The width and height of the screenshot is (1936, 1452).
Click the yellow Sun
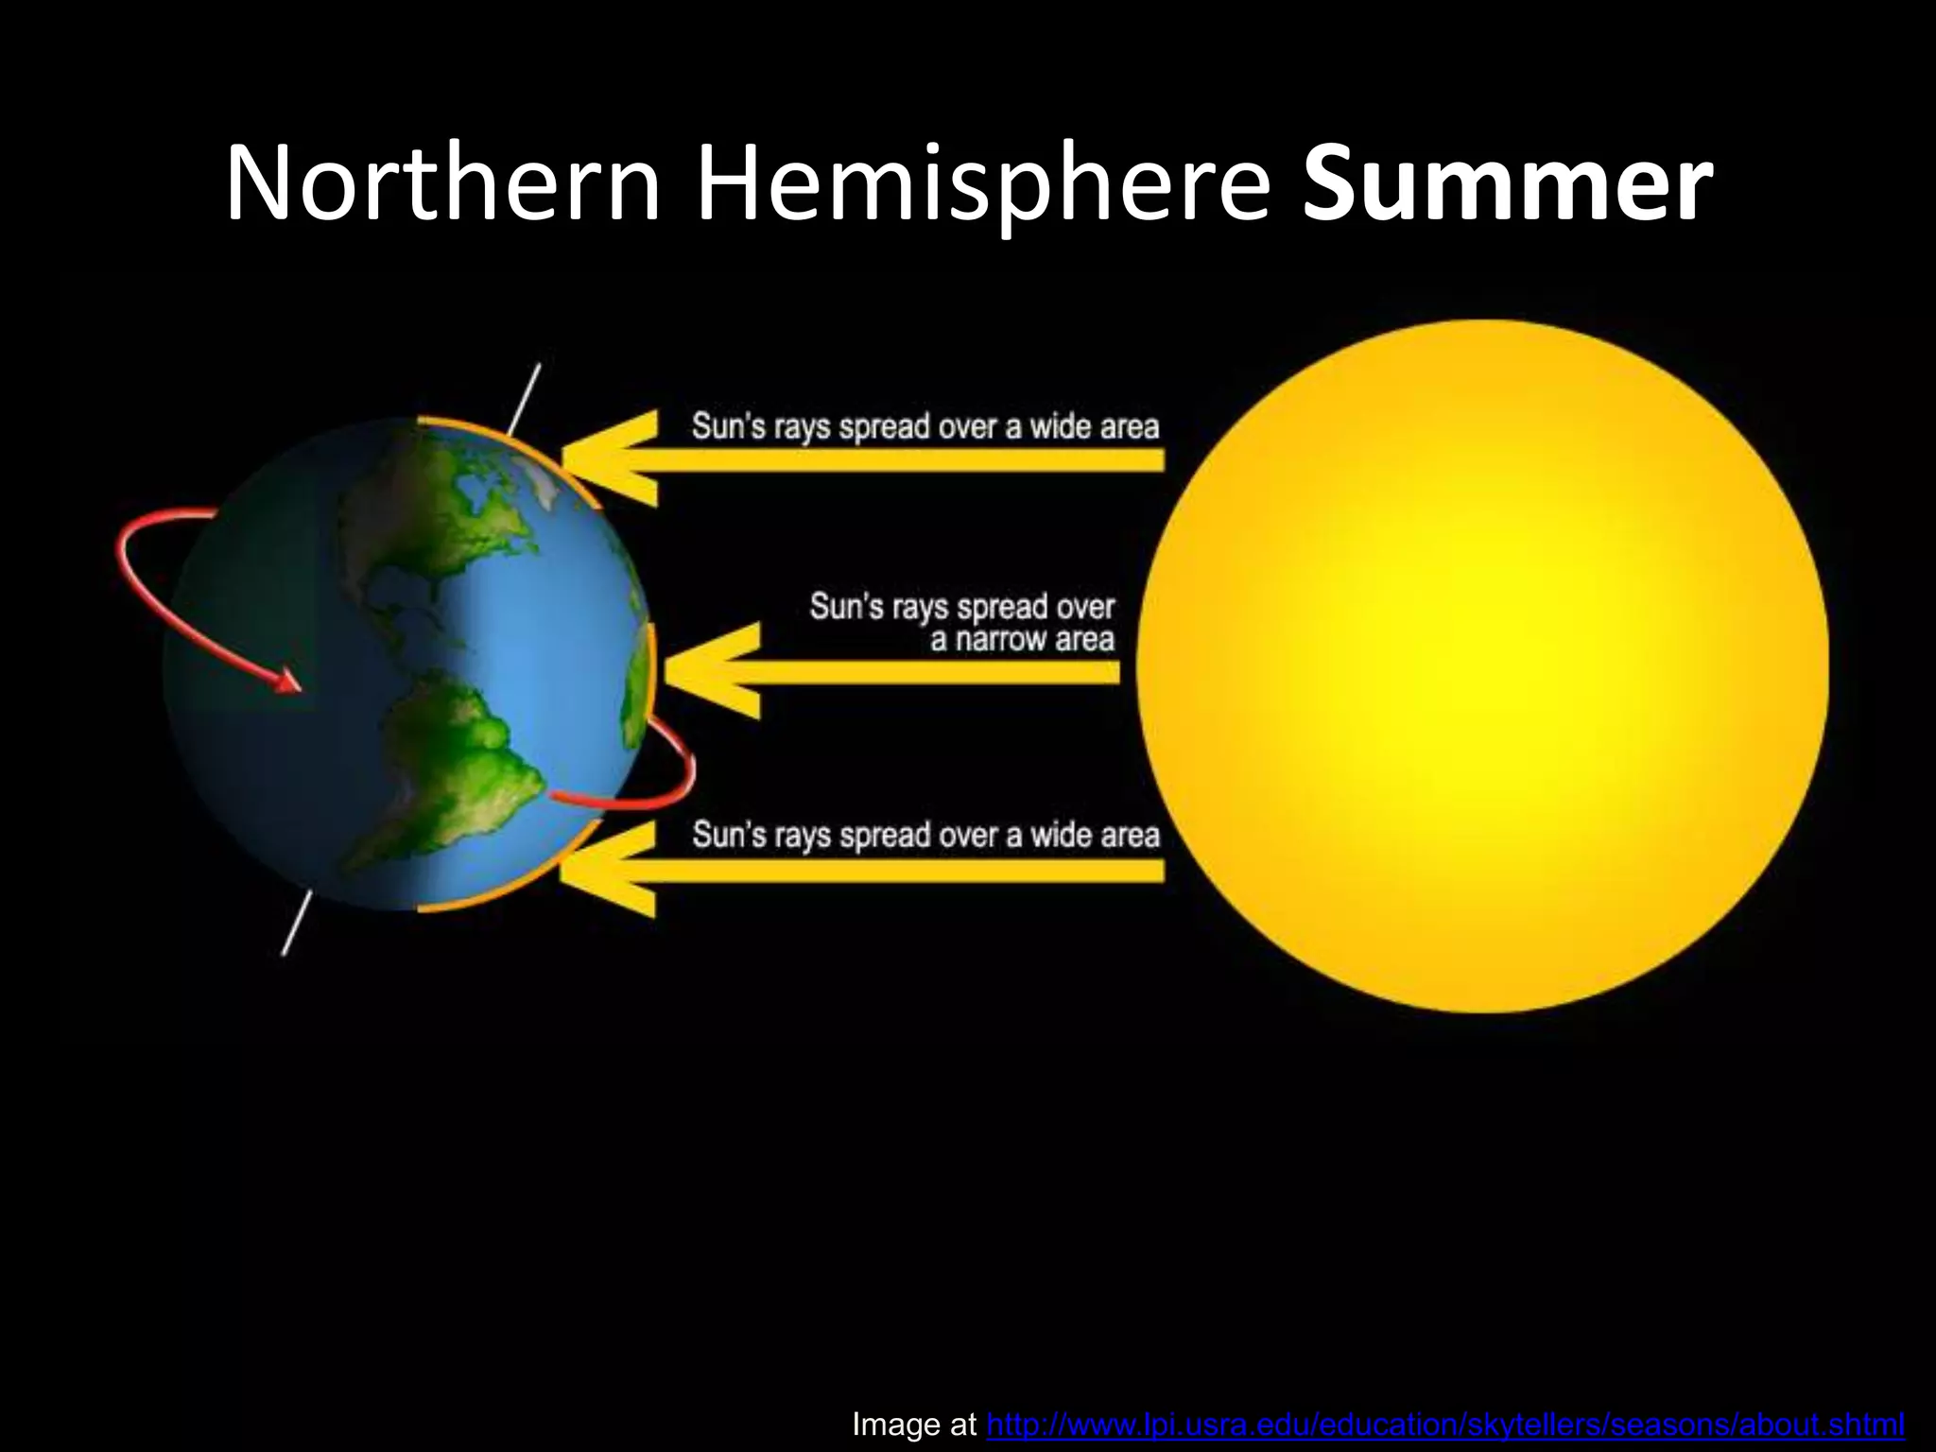(1482, 665)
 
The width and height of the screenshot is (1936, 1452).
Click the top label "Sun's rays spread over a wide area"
(925, 427)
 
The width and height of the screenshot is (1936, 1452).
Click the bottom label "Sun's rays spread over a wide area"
(925, 836)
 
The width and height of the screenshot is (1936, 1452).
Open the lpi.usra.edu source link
(1444, 1424)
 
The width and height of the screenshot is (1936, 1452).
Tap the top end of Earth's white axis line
(537, 369)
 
